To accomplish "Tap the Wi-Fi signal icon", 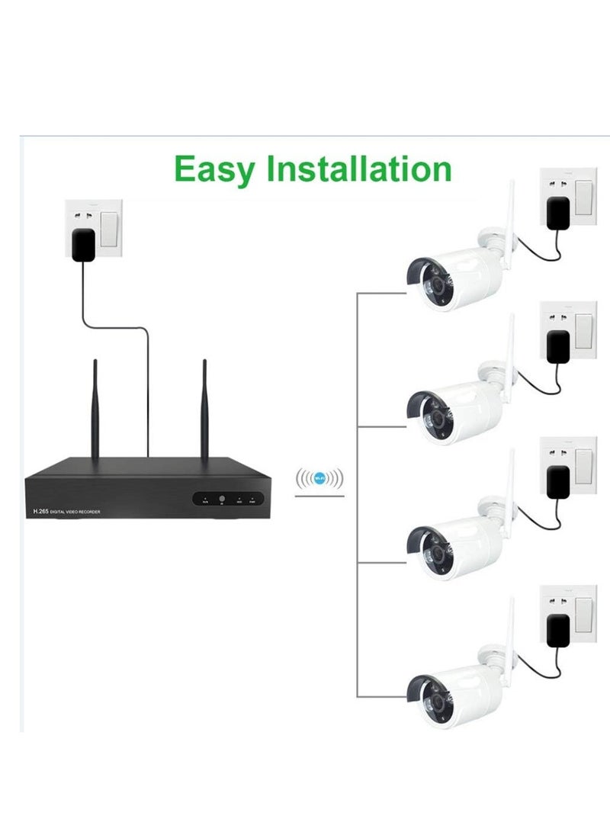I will pos(319,480).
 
